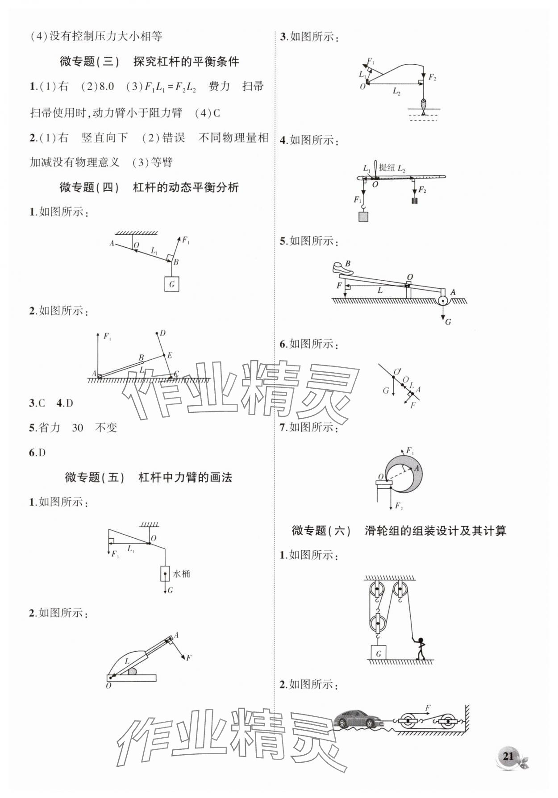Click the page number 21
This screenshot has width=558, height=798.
tap(508, 756)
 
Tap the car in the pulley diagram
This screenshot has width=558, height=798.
tap(357, 719)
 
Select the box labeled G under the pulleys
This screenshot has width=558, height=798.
tap(378, 654)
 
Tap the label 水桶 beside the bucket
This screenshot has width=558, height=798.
tap(182, 574)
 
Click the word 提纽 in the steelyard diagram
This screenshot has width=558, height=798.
tap(387, 168)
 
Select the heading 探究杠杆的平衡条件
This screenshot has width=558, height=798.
tap(186, 62)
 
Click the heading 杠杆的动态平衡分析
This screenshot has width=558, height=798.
tap(186, 187)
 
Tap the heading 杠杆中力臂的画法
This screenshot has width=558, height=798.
tap(185, 478)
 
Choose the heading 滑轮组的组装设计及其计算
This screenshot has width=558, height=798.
tap(435, 531)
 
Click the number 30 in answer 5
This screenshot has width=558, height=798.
tap(77, 428)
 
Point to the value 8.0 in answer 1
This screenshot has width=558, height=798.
tap(106, 87)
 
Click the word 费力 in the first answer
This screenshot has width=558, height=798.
tap(219, 87)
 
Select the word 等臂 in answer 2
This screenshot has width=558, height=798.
tap(162, 162)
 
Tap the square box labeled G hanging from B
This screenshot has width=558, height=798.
tap(171, 284)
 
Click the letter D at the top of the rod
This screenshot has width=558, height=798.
tap(162, 333)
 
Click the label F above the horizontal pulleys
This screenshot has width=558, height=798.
tap(428, 708)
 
